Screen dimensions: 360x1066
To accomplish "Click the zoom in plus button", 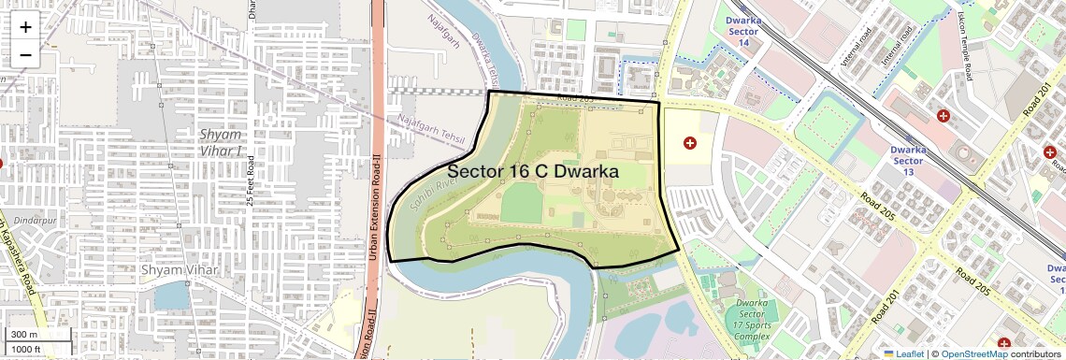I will click(25, 27).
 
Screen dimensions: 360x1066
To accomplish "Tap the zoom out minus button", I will click(25, 54).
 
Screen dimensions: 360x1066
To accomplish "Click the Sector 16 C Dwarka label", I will click(533, 171).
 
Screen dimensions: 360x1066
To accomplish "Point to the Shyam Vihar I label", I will click(221, 142).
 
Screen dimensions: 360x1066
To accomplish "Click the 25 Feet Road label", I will click(251, 181).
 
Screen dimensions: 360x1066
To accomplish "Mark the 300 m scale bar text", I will click(24, 335).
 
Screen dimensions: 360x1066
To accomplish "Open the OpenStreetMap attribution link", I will click(973, 353).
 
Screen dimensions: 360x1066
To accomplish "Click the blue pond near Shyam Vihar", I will click(172, 296).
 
